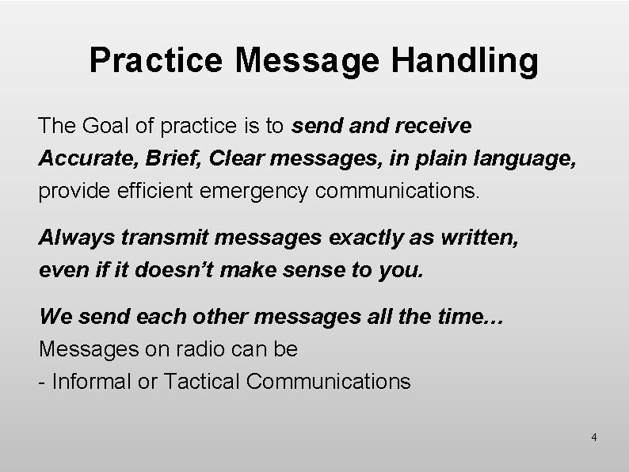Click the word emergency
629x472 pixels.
[x=278, y=191]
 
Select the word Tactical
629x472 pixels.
[x=202, y=381]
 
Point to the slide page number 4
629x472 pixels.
[x=594, y=437]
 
